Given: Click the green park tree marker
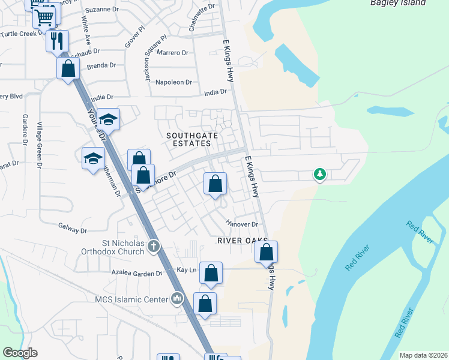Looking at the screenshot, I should click(x=320, y=175).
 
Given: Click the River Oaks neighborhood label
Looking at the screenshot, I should click(x=237, y=240).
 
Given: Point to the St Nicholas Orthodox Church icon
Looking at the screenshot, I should click(x=154, y=245).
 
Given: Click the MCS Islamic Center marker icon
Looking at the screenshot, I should click(x=176, y=298).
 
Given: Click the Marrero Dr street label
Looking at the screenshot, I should click(x=172, y=53).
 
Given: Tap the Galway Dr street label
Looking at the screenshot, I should click(x=73, y=229).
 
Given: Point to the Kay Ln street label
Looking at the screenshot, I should click(x=187, y=270).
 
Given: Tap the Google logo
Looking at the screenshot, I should click(x=20, y=353).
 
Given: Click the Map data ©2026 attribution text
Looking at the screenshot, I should click(x=423, y=355).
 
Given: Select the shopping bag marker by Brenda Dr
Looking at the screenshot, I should click(x=68, y=68).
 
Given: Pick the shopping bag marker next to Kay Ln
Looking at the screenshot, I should click(x=211, y=273).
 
